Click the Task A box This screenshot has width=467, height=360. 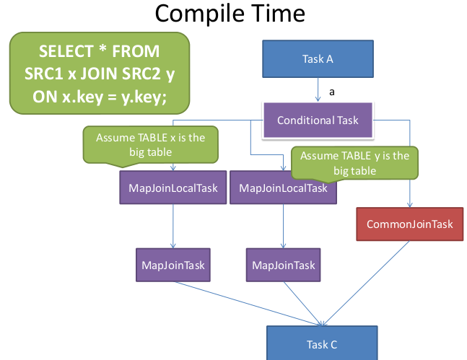click(318, 59)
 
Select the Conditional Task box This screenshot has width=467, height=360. click(318, 120)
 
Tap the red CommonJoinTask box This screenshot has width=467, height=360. click(410, 224)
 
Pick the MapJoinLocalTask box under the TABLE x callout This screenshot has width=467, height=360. click(173, 188)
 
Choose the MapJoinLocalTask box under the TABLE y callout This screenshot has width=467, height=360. click(283, 188)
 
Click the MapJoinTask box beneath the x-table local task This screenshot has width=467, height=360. click(173, 265)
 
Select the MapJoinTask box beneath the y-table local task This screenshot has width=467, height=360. click(283, 265)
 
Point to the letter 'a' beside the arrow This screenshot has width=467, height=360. click(332, 92)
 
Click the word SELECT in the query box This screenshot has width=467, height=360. click(66, 51)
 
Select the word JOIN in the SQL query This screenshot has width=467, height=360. click(99, 74)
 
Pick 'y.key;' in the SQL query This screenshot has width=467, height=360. click(144, 97)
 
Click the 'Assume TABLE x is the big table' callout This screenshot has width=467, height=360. click(150, 145)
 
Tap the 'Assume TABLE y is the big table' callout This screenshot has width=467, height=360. click(354, 163)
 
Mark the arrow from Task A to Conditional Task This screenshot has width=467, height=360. click(318, 89)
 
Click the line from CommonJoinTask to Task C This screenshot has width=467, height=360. click(367, 284)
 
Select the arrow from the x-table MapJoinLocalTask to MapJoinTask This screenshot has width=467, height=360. click(173, 226)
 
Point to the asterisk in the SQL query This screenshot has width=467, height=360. click(102, 48)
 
